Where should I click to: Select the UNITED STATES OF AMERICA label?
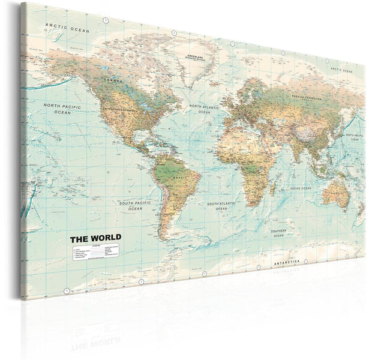pos(121,110)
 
